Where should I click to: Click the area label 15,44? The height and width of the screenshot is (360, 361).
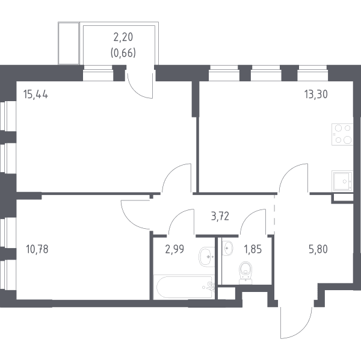point(35,95)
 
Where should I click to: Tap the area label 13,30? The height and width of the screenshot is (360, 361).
point(316,95)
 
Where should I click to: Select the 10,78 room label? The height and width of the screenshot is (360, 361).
point(37,249)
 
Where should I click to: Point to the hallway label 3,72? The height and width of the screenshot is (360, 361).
point(220,217)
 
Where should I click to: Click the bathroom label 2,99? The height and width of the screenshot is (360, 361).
point(174,249)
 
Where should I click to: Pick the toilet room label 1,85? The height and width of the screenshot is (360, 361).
point(253,249)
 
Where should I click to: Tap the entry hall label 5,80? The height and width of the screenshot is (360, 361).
point(318,249)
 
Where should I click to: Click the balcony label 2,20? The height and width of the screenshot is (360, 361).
point(123,37)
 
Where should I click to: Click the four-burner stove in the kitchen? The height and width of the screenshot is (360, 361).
point(342,134)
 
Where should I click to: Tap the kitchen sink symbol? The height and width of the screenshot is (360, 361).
point(342,181)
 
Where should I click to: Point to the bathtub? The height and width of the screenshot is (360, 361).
point(184,287)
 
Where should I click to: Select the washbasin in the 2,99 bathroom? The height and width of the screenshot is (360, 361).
point(207,256)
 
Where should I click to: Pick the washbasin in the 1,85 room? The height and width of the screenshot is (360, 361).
point(227,248)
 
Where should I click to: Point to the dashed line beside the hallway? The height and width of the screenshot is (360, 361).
point(274,215)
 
